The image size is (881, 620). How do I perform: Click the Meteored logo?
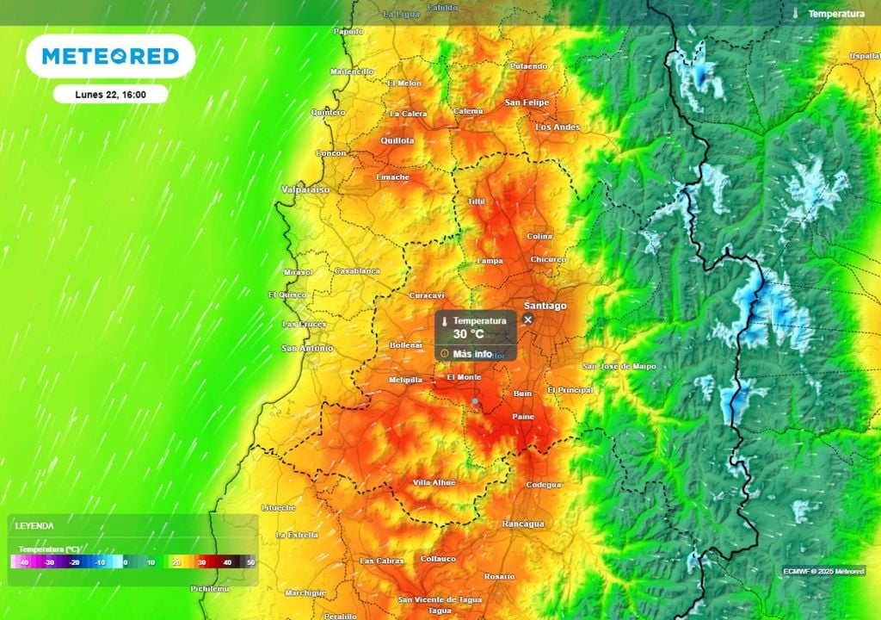(x=110, y=56)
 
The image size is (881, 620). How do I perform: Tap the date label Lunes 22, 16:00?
(x=110, y=94)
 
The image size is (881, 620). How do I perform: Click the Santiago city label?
(x=545, y=306)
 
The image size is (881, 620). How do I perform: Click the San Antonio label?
(x=307, y=348)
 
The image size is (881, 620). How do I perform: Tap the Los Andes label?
(x=558, y=127)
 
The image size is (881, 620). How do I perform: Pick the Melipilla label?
(x=405, y=380)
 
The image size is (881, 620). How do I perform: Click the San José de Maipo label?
(x=619, y=367)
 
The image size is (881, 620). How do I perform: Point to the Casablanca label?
(x=356, y=270)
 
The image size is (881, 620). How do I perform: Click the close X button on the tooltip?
(x=528, y=319)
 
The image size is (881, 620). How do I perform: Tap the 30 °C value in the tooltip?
(x=469, y=333)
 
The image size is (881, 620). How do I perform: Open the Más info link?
(x=472, y=354)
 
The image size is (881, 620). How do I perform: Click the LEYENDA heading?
(x=34, y=525)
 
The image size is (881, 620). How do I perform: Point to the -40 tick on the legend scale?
(x=23, y=562)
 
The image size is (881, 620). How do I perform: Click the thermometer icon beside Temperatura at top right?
(x=796, y=14)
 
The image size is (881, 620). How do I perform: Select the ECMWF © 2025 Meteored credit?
(x=823, y=571)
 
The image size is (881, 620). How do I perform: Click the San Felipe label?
(x=527, y=102)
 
